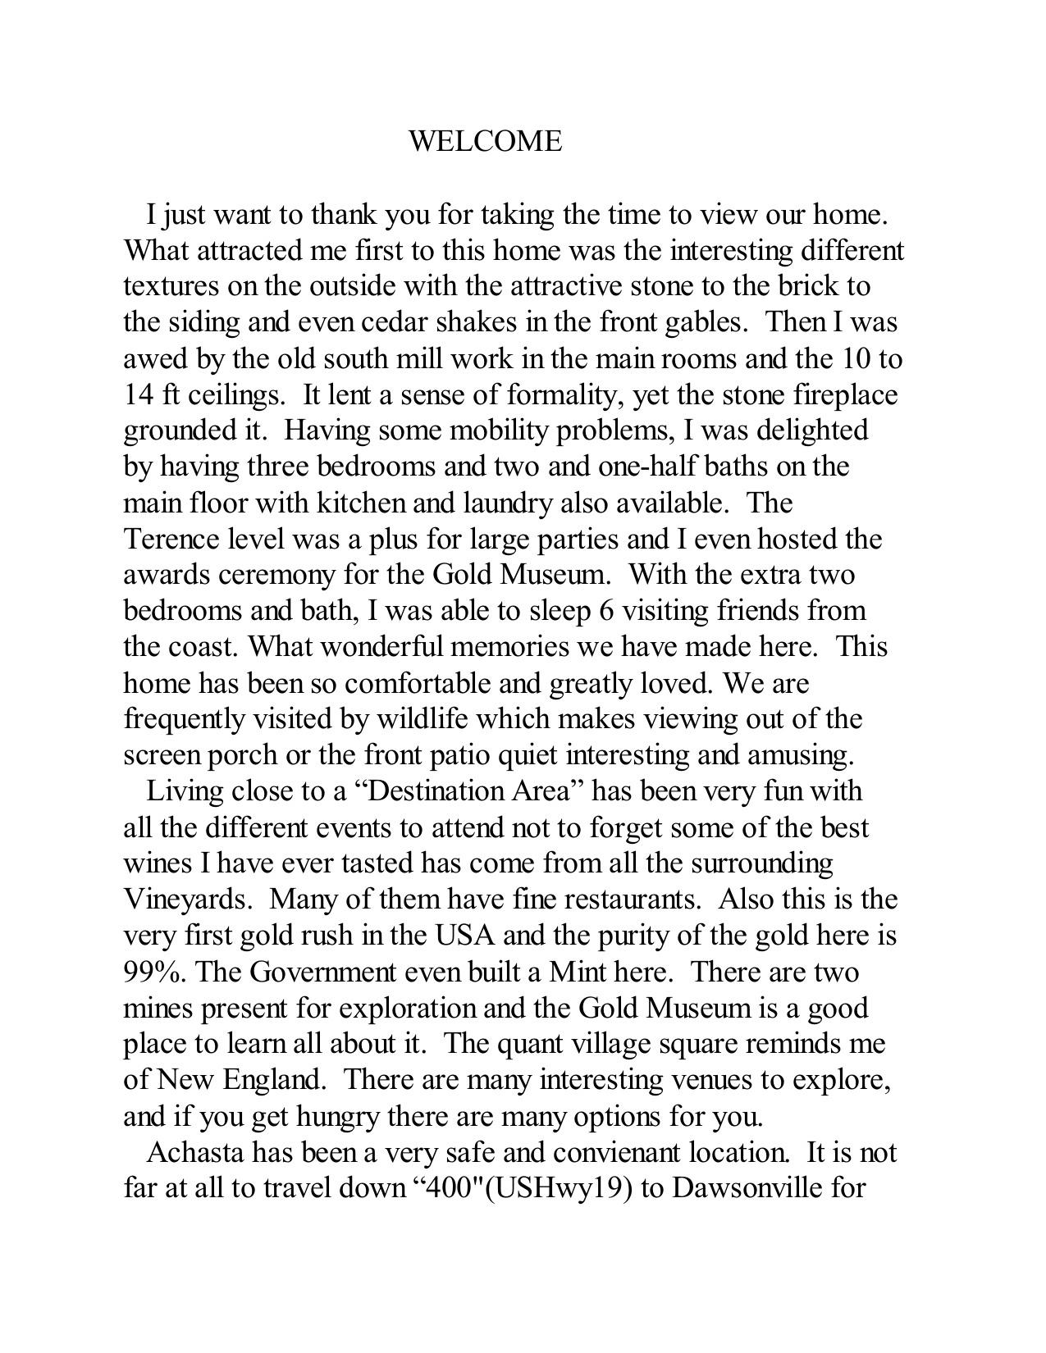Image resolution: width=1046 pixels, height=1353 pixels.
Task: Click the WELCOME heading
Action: (x=485, y=141)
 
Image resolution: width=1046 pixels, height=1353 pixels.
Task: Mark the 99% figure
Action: (x=154, y=972)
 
